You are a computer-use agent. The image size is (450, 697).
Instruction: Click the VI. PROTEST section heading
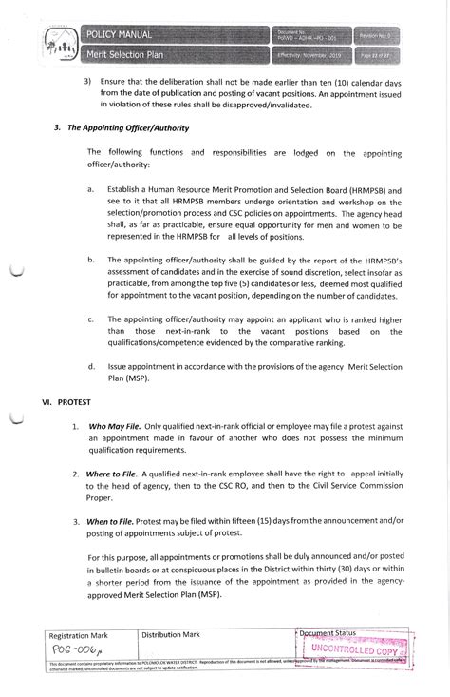65,402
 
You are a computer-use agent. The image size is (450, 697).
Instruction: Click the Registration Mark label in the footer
80,633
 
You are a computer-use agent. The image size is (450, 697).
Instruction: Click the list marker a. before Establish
90,189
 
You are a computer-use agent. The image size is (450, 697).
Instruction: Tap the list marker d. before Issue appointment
90,365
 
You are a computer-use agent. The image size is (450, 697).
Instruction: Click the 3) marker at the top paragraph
88,82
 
